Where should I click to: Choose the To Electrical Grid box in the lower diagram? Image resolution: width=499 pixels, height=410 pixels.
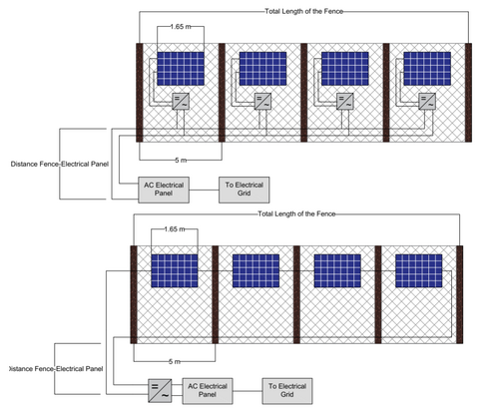(x=285, y=389)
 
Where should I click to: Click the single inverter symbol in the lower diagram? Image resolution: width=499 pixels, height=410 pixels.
(x=158, y=389)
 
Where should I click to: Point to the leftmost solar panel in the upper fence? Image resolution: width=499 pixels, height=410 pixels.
(x=180, y=68)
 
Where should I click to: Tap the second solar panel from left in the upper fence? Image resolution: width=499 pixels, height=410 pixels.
(x=261, y=68)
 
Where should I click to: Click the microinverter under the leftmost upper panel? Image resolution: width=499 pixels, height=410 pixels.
(x=182, y=102)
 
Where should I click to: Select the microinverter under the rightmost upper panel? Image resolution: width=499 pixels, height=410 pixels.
(x=427, y=102)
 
